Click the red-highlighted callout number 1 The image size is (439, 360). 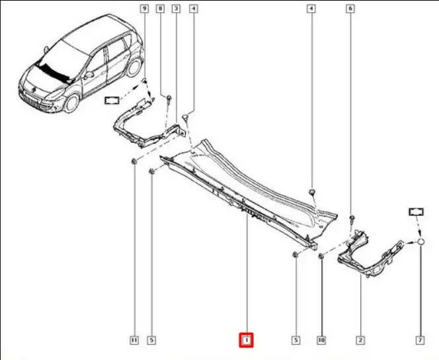click(246, 340)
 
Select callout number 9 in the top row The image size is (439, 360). click(144, 9)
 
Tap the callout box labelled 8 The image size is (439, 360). click(160, 9)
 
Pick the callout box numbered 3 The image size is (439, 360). click(176, 9)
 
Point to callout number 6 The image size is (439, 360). click(350, 9)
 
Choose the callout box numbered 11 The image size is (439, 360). click(134, 340)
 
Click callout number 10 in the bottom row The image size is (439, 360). click(321, 340)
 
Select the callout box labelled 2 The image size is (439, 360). click(360, 340)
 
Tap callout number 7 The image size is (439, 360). click(420, 340)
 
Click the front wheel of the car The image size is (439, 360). click(71, 103)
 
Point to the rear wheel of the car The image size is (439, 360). click(134, 67)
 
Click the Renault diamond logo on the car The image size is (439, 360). click(33, 89)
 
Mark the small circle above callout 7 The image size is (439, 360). click(420, 242)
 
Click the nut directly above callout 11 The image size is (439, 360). click(134, 161)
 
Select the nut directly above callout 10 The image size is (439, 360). click(321, 255)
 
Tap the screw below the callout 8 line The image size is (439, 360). click(169, 99)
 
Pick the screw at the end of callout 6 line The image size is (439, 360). click(352, 218)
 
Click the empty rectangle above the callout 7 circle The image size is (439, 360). click(417, 212)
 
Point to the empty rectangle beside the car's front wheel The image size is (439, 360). click(112, 100)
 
